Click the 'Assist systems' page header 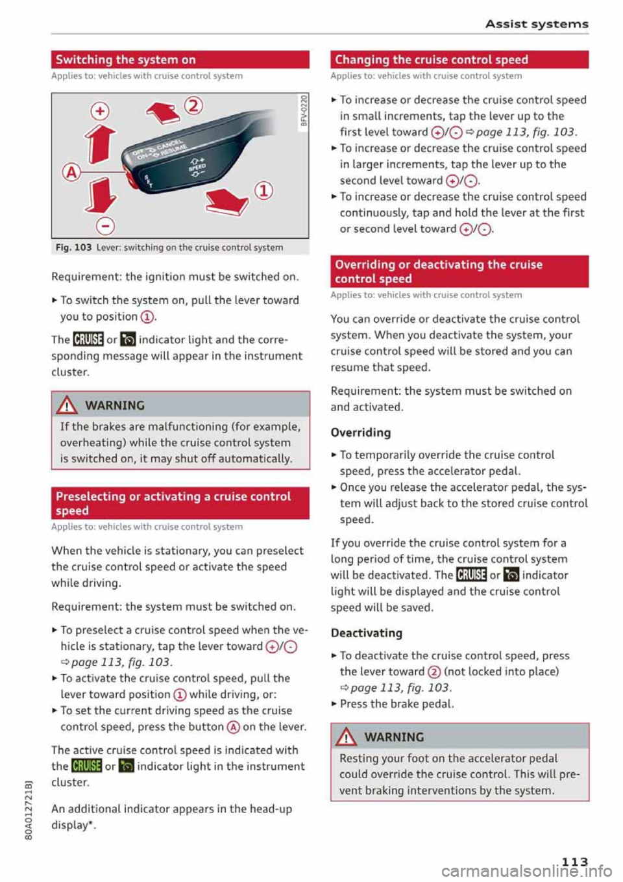click(537, 24)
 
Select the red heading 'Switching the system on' click(125, 60)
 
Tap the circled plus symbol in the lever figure click(100, 111)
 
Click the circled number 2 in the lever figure click(193, 105)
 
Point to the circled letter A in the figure click(71, 171)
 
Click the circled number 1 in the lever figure click(264, 190)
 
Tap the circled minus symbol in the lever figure click(105, 225)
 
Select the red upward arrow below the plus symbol click(102, 144)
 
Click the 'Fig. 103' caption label click(73, 247)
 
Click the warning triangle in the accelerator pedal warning click(347, 737)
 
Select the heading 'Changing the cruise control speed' click(432, 60)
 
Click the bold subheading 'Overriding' click(361, 433)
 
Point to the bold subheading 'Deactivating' click(367, 633)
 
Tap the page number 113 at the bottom click(574, 861)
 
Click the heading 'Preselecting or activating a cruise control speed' click(173, 503)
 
